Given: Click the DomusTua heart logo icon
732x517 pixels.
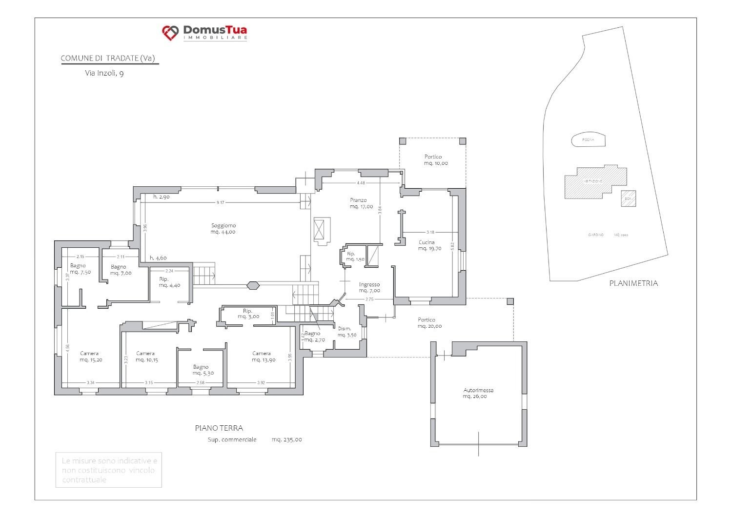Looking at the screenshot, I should click(170, 33).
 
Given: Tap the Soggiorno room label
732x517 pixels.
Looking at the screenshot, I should click(224, 229).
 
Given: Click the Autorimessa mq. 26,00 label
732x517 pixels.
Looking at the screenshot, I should click(478, 393).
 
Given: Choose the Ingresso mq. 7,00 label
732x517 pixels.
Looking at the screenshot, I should click(369, 287).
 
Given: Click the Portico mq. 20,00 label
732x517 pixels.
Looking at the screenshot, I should click(429, 323).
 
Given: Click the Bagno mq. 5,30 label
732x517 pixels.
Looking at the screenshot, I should click(201, 370).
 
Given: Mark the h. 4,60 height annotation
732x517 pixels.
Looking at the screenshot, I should click(158, 258).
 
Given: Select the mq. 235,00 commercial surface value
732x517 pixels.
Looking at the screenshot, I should click(286, 439).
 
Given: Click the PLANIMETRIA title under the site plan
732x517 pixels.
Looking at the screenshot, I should click(633, 283).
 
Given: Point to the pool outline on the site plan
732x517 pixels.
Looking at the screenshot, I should click(589, 139).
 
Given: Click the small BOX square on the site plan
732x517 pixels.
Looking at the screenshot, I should click(628, 199).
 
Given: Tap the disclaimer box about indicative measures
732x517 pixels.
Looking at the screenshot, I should click(108, 470).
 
